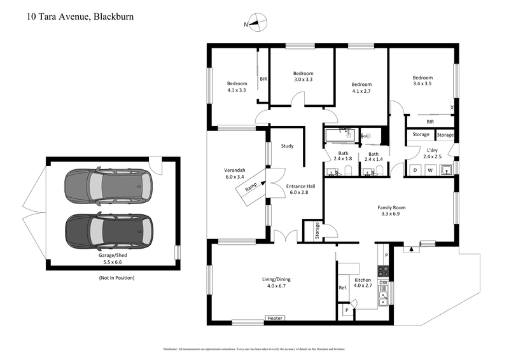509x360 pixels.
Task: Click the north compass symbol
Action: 256,23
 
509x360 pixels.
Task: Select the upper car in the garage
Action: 108,187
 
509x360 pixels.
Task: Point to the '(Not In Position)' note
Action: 116,278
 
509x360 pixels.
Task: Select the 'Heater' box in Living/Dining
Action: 275,318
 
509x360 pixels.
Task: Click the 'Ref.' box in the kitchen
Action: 342,288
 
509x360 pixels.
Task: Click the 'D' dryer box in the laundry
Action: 415,170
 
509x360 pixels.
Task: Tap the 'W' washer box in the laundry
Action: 431,170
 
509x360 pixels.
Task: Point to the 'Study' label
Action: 288,146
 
